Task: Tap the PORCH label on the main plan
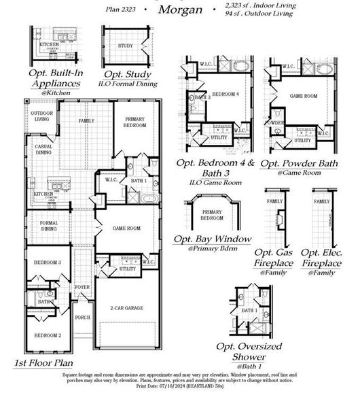point(82,317)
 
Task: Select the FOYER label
point(82,287)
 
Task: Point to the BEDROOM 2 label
point(48,336)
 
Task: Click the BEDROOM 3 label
point(48,262)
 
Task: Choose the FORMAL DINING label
point(48,226)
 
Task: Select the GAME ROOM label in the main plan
point(126,228)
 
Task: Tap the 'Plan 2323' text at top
point(121,9)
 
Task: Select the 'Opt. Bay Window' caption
point(212,239)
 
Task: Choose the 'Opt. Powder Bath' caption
point(299,163)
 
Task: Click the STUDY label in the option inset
point(125,46)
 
